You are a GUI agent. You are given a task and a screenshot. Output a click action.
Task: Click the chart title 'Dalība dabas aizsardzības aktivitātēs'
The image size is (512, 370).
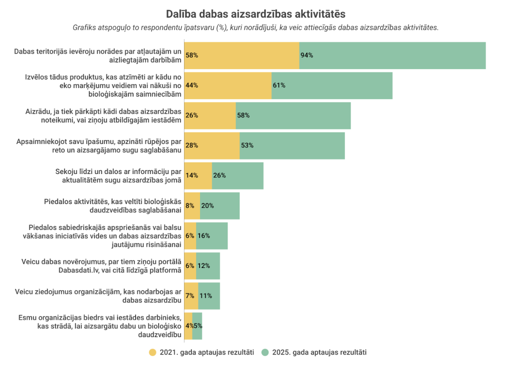[255, 13]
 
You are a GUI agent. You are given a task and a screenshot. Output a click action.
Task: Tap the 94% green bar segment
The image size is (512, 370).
[392, 55]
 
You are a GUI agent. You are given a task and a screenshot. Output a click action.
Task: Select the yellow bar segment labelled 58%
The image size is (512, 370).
[242, 55]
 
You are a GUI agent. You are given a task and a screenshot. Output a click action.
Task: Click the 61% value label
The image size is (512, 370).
[279, 85]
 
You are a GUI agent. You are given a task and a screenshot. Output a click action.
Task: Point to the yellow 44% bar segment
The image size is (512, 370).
[228, 85]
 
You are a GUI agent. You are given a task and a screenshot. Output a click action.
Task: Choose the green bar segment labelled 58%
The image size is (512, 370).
[293, 115]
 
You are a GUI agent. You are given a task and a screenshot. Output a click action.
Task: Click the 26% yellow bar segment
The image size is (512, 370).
[210, 115]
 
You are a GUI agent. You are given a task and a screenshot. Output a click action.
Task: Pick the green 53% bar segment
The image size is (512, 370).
[292, 145]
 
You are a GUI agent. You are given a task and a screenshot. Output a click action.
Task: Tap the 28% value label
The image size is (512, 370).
[192, 145]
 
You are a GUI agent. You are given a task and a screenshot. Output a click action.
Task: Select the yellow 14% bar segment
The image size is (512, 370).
[198, 175]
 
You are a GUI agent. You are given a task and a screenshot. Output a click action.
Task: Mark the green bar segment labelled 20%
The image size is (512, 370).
[219, 205]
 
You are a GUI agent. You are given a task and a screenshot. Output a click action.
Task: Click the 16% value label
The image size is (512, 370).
[204, 235]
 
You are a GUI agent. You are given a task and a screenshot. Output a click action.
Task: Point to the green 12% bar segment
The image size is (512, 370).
[208, 265]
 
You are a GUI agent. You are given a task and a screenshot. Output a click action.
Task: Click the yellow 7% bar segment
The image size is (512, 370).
[191, 295]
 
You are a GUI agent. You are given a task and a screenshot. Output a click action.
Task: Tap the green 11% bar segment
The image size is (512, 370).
[209, 295]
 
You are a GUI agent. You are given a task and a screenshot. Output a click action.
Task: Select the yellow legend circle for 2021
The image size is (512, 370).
[152, 352]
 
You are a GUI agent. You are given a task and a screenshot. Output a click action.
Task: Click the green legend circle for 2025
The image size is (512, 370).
[265, 352]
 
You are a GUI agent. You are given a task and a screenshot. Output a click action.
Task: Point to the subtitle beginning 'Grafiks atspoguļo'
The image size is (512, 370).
[255, 27]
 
